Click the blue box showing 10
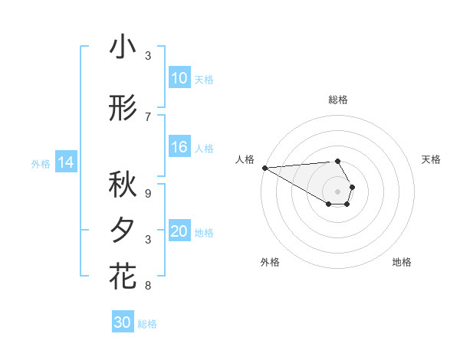[179, 78]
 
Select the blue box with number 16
[179, 148]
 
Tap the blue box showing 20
[179, 232]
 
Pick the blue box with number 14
[65, 162]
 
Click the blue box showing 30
[123, 322]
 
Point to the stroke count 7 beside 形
[148, 116]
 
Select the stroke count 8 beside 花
[148, 286]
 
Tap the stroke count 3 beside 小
[148, 55]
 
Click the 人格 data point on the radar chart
[264, 168]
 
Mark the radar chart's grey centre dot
[337, 190]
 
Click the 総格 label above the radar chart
[338, 100]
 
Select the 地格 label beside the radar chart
[402, 262]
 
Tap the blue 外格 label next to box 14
[40, 163]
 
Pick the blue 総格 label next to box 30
[147, 324]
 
